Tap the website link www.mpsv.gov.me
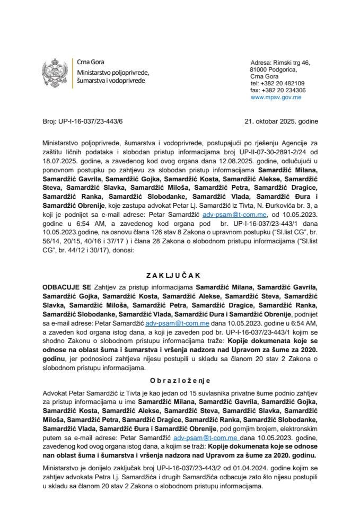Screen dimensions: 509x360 276,98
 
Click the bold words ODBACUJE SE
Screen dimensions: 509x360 65,286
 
